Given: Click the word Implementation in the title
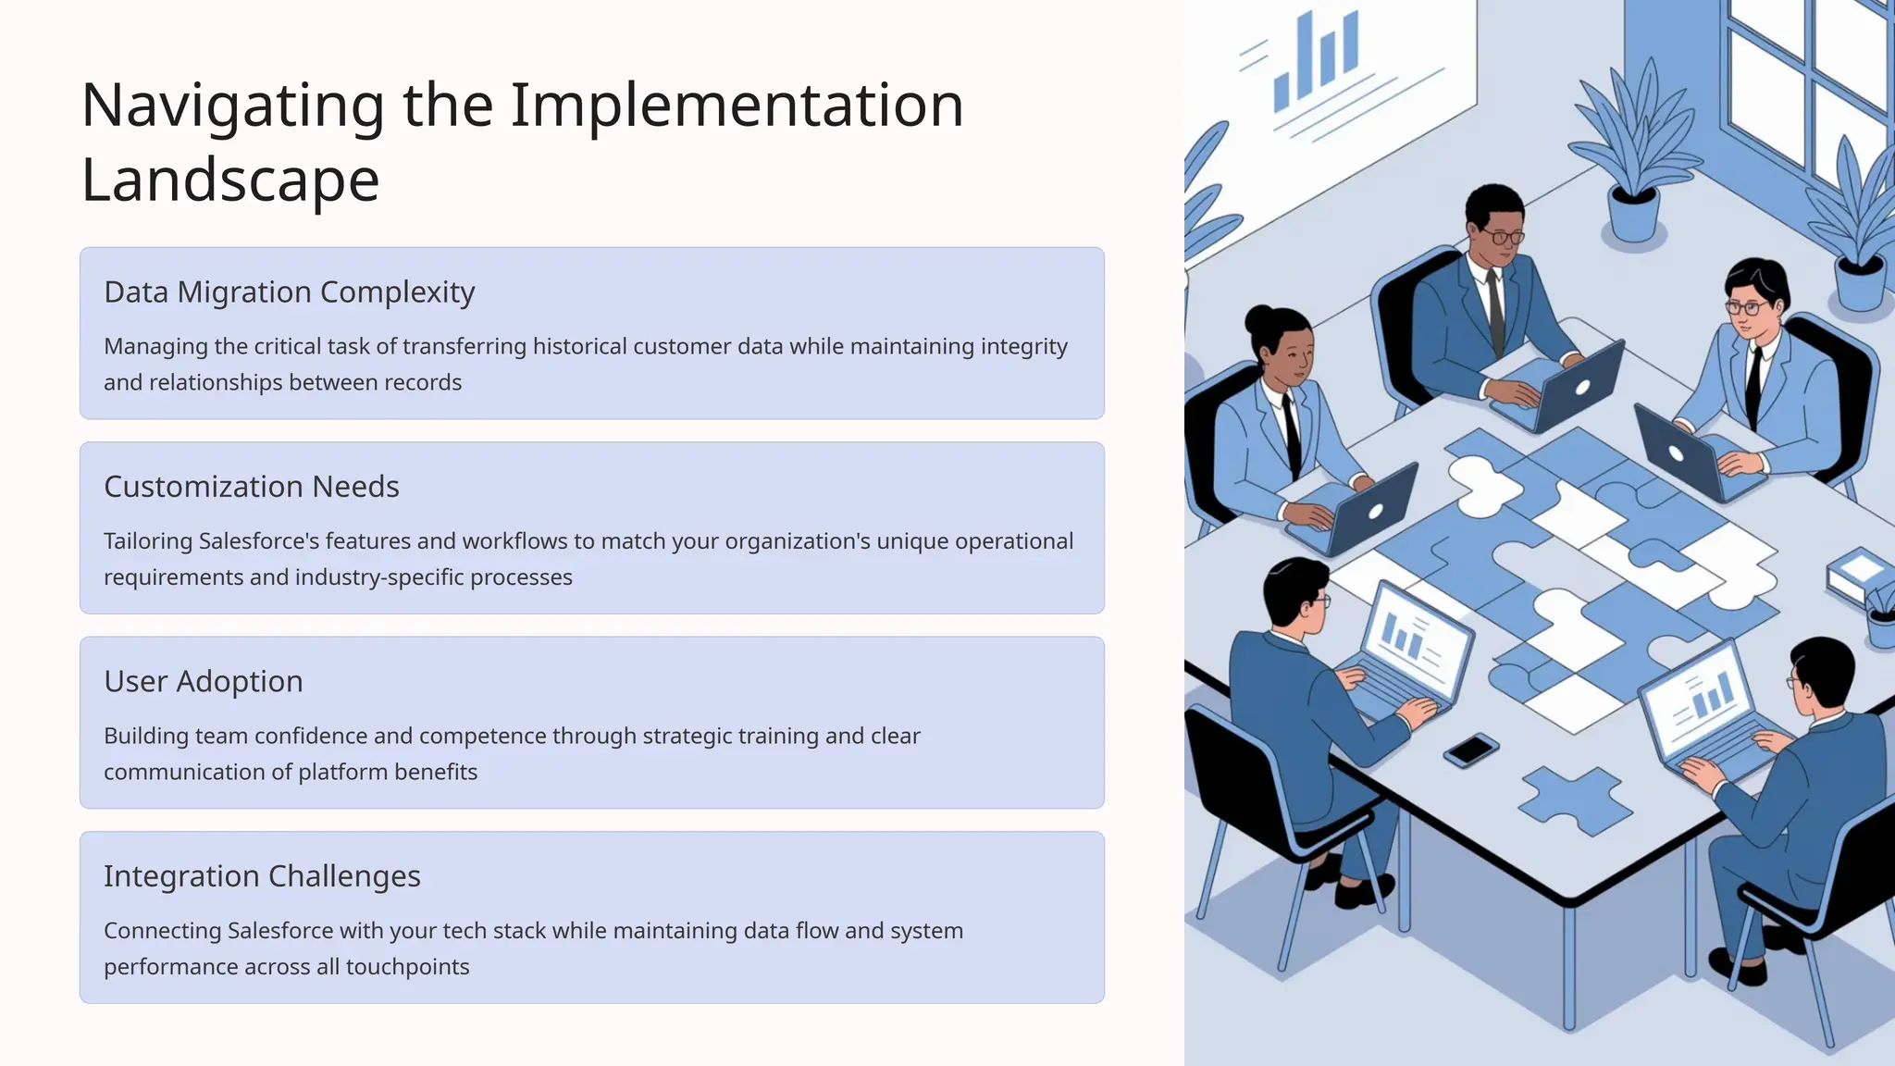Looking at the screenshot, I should point(737,105).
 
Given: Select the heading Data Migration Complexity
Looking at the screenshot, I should point(289,292).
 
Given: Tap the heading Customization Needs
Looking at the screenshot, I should point(251,487).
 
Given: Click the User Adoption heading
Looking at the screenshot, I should point(203,682).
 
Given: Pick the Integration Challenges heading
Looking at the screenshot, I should point(262,876).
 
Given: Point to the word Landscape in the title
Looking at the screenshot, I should point(230,180).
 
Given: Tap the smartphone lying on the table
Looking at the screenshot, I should point(1470,749).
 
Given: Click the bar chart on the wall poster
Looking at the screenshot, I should point(1316,60).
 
